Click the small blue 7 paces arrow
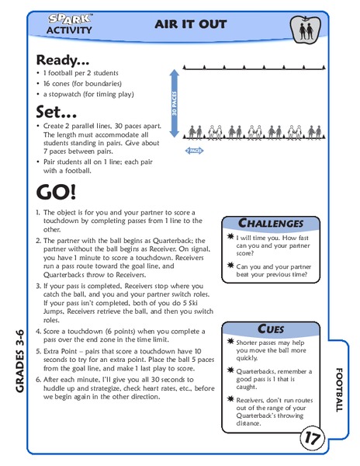point(194,148)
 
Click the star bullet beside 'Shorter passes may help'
point(230,343)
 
